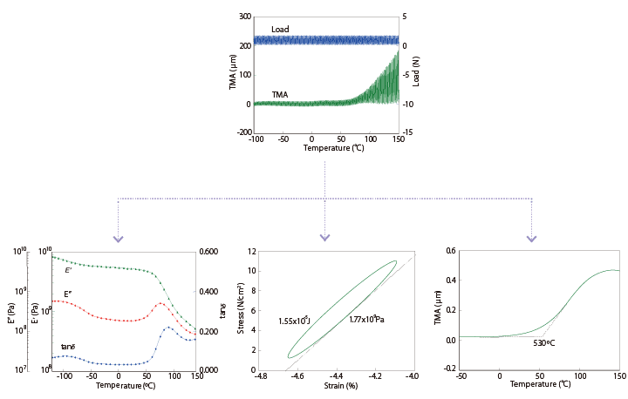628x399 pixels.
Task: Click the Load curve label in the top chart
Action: pyautogui.click(x=280, y=30)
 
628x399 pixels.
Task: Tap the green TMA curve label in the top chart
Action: pyautogui.click(x=281, y=94)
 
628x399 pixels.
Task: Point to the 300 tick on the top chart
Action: pyautogui.click(x=245, y=17)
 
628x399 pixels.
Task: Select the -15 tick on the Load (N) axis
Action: pyautogui.click(x=408, y=132)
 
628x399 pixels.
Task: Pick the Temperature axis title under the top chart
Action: pyautogui.click(x=326, y=148)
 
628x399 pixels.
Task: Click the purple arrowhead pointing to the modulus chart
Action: pyautogui.click(x=119, y=238)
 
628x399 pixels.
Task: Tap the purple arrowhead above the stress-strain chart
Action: pyautogui.click(x=325, y=238)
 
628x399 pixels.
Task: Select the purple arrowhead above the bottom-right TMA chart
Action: pyautogui.click(x=532, y=238)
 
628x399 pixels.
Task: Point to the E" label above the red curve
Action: pyautogui.click(x=67, y=294)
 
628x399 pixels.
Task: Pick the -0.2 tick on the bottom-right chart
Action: pyautogui.click(x=450, y=369)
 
